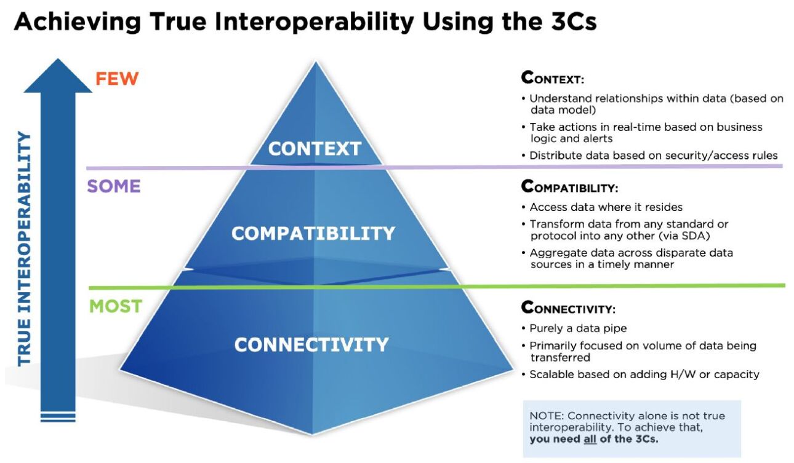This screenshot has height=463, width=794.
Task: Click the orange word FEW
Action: (x=117, y=79)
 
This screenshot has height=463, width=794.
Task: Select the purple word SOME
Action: (x=114, y=186)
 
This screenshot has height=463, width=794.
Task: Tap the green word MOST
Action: (x=116, y=306)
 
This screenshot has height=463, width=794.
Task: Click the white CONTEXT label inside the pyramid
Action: (x=315, y=149)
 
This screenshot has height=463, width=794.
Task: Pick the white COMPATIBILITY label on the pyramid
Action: (x=313, y=234)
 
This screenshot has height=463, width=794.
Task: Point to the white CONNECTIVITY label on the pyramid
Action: (x=311, y=344)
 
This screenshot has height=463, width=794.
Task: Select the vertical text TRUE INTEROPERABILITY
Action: (x=25, y=248)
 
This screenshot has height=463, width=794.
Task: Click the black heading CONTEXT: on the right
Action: (x=552, y=78)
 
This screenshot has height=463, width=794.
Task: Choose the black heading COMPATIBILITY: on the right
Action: (x=569, y=186)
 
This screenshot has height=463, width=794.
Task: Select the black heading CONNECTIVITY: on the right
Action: (x=568, y=307)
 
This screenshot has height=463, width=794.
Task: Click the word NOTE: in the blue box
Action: (x=545, y=416)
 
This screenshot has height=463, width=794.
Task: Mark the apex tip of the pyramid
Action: (x=315, y=62)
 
